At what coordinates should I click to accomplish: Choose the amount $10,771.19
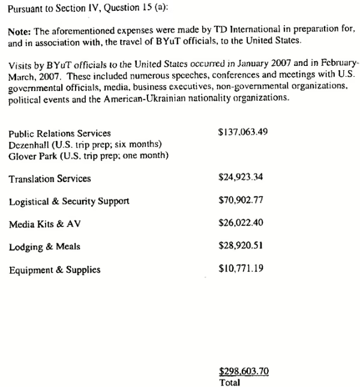[241, 269]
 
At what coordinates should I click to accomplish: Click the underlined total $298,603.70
[243, 371]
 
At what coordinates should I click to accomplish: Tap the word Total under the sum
[230, 382]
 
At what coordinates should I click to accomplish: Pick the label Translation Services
[50, 179]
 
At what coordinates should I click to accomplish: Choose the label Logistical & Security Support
[69, 201]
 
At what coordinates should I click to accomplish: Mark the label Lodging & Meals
[44, 247]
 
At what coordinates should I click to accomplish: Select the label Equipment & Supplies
[55, 270]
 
